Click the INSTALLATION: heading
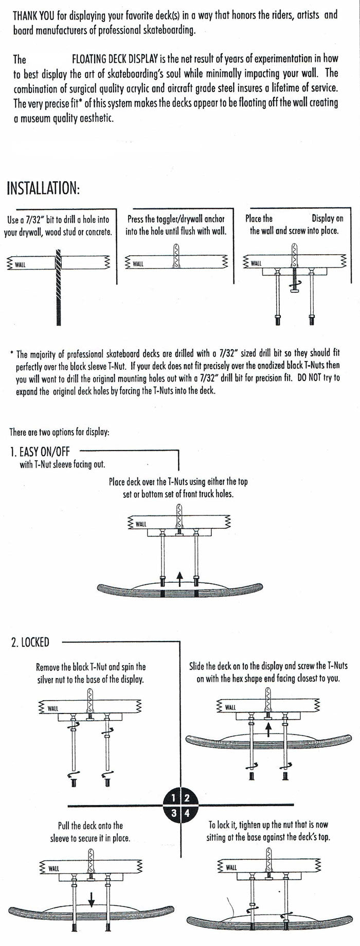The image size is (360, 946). tap(43, 188)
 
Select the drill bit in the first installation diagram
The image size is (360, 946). tap(59, 288)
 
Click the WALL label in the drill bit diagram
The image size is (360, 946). tap(21, 264)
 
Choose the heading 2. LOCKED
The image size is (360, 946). tap(30, 642)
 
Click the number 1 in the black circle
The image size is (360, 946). tap(174, 798)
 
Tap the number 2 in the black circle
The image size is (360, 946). tap(187, 798)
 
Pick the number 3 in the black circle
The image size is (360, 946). tap(174, 813)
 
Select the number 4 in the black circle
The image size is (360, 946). tap(187, 813)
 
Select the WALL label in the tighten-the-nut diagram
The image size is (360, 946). tap(231, 867)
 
